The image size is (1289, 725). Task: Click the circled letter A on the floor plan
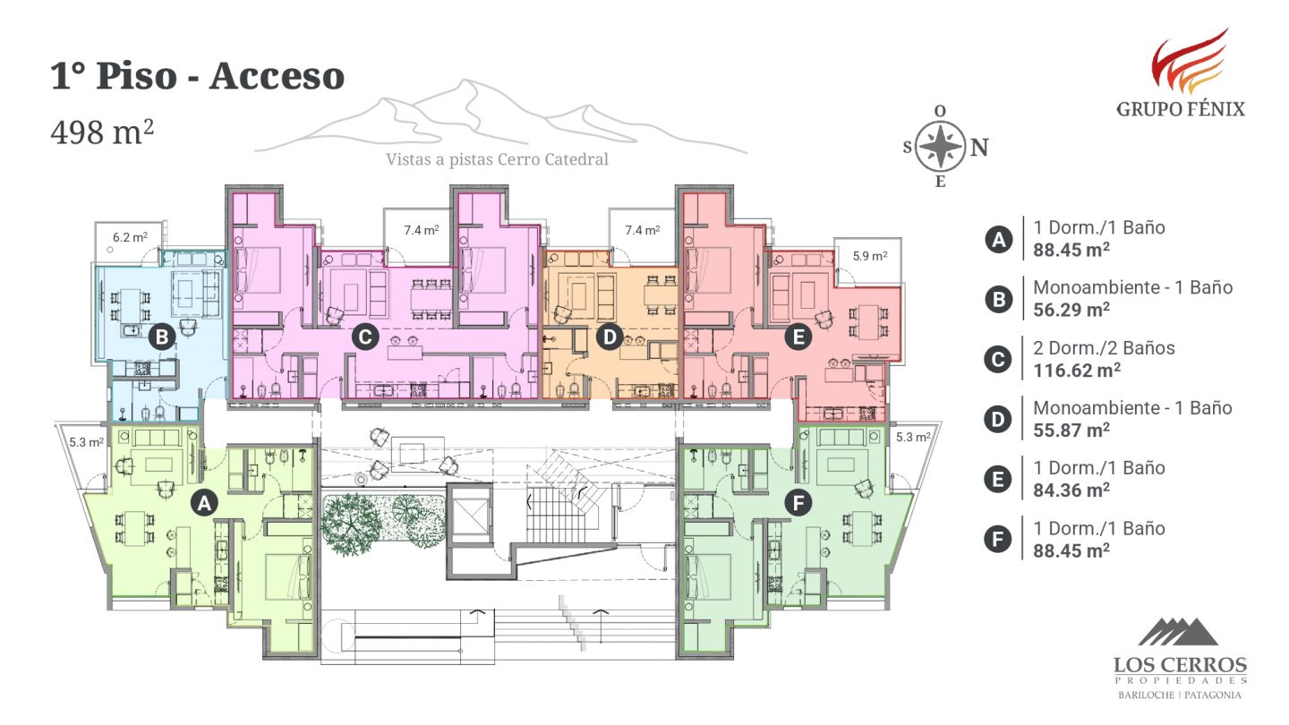pyautogui.click(x=204, y=503)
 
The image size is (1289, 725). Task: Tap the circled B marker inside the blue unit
pyautogui.click(x=162, y=337)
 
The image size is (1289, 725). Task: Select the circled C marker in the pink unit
pyautogui.click(x=365, y=337)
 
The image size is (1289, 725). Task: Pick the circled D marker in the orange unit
pyautogui.click(x=610, y=337)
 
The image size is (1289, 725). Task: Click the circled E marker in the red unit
pyautogui.click(x=798, y=337)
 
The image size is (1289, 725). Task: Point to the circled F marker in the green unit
pyautogui.click(x=798, y=503)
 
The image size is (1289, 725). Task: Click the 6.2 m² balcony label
pyautogui.click(x=130, y=236)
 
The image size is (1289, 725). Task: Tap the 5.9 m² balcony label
pyautogui.click(x=869, y=255)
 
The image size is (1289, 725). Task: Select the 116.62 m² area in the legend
pyautogui.click(x=1077, y=370)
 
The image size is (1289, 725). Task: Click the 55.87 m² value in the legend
pyautogui.click(x=1071, y=430)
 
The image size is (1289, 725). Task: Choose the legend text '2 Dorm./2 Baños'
pyautogui.click(x=1104, y=347)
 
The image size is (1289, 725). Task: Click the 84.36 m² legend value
pyautogui.click(x=1071, y=490)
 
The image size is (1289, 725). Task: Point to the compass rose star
pyautogui.click(x=940, y=146)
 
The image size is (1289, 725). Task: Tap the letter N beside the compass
pyautogui.click(x=979, y=148)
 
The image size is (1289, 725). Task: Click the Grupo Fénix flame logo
pyautogui.click(x=1189, y=61)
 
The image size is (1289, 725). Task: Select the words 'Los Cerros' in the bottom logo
pyautogui.click(x=1180, y=665)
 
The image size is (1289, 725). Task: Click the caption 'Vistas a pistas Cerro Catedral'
pyautogui.click(x=497, y=159)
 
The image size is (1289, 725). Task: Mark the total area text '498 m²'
pyautogui.click(x=102, y=132)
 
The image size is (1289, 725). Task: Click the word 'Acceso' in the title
pyautogui.click(x=277, y=76)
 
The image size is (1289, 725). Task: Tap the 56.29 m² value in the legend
pyautogui.click(x=1071, y=310)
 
